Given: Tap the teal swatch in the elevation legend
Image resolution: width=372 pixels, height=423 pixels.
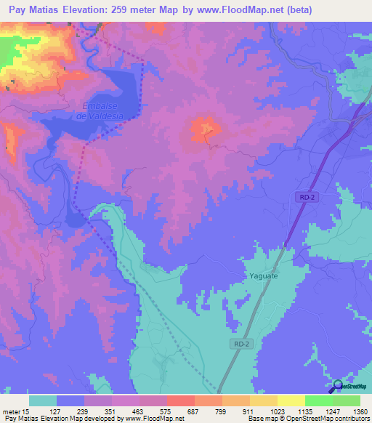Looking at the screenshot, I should (43, 400).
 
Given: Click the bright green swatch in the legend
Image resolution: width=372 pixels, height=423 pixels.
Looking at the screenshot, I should (318, 400).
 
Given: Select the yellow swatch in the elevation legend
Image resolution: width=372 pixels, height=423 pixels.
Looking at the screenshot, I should (291, 400).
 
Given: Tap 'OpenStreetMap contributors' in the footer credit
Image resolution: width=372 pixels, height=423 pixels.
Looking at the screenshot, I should (333, 419).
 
